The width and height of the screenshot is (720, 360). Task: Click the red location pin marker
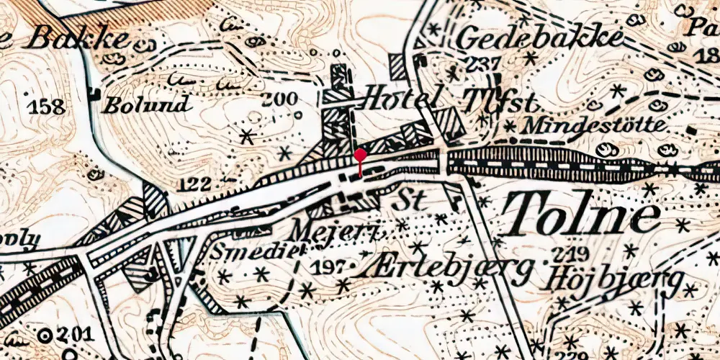pyautogui.click(x=360, y=156)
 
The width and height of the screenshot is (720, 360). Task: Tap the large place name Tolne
pyautogui.click(x=580, y=216)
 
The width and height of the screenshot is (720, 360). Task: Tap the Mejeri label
pyautogui.click(x=331, y=232)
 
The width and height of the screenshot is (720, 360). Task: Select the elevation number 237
pyautogui.click(x=482, y=62)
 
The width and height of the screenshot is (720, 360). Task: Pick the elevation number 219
pyautogui.click(x=571, y=253)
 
